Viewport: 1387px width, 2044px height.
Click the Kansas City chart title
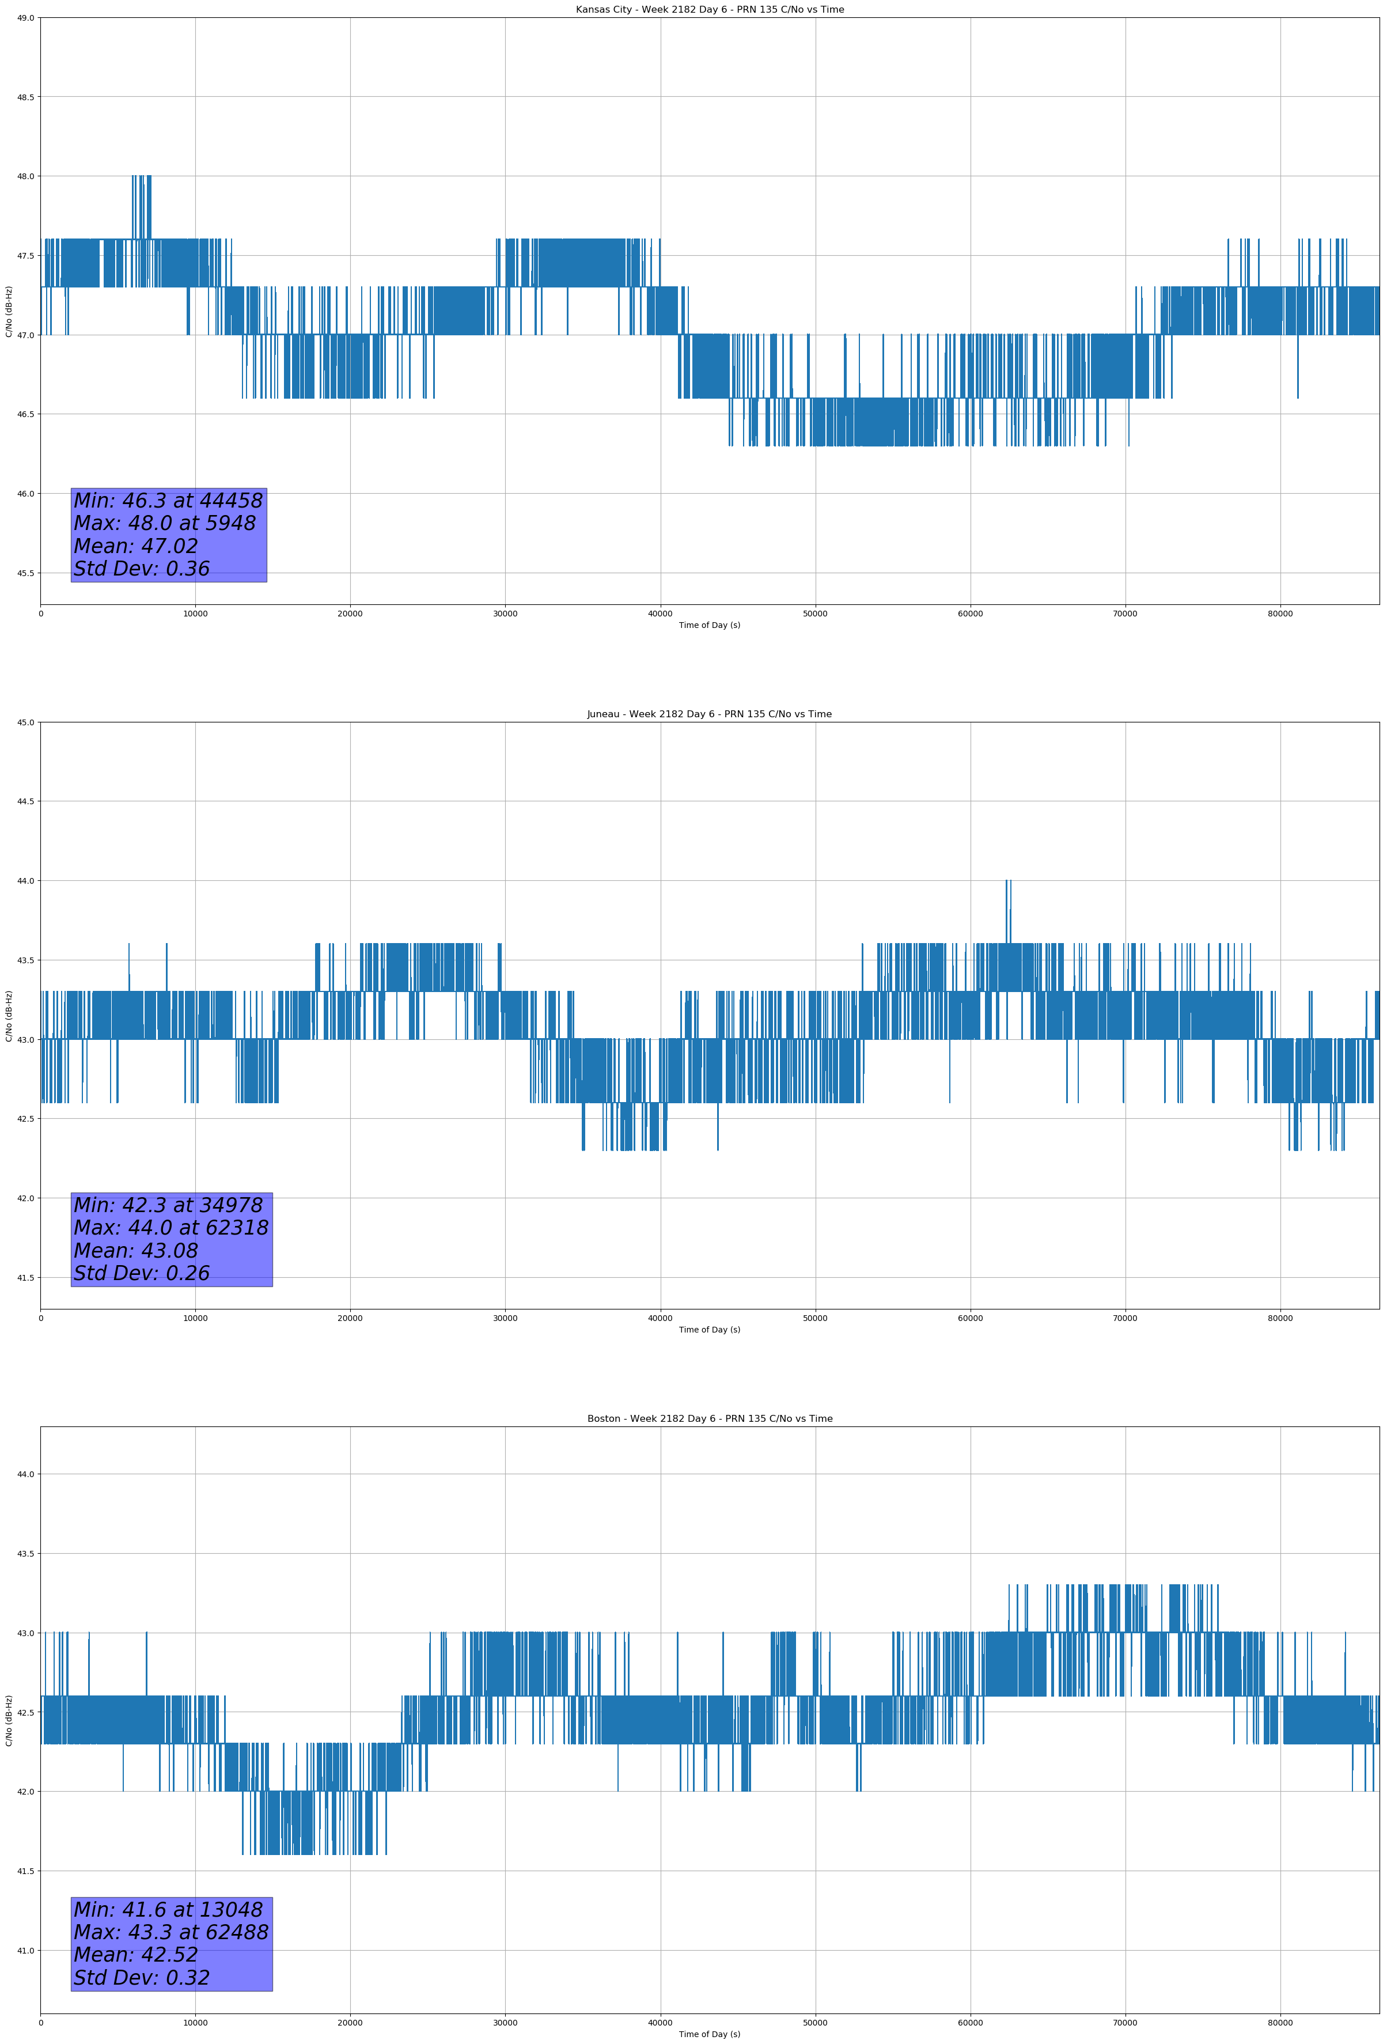click(709, 10)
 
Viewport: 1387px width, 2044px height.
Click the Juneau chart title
click(709, 714)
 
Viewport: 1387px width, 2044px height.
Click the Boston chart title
click(709, 1419)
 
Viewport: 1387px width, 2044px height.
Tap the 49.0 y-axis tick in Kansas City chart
click(25, 18)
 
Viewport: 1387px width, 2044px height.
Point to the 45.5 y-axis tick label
click(25, 573)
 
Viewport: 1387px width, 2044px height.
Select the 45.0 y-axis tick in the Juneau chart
click(25, 722)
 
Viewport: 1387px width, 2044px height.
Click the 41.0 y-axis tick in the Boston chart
click(25, 1951)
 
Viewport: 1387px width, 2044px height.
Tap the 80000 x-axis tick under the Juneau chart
click(1280, 1318)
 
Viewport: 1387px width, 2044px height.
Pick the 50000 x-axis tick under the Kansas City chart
click(814, 614)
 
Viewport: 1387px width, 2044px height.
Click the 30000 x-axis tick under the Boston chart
click(505, 2023)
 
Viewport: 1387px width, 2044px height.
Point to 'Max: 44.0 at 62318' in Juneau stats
click(170, 1228)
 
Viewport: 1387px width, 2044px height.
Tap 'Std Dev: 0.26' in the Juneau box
click(142, 1274)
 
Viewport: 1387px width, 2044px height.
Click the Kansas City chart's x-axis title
click(709, 625)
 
